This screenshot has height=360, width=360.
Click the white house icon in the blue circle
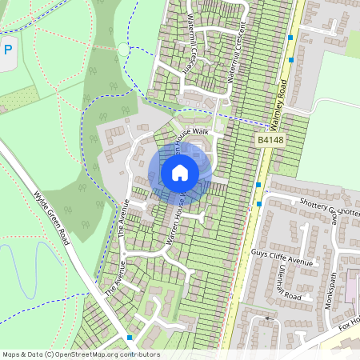coord(180,172)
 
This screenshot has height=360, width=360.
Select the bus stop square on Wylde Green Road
coord(129,337)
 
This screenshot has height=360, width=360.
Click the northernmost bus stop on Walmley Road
coord(291,36)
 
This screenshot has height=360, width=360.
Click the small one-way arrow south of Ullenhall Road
coord(268,318)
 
